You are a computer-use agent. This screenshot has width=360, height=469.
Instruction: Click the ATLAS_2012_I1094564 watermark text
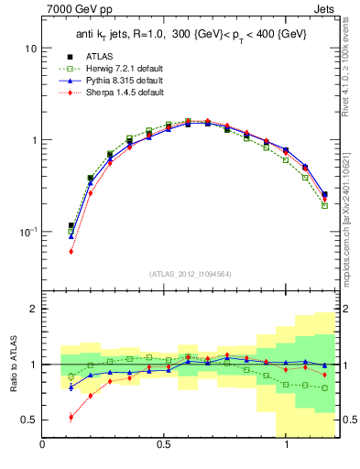click(191, 274)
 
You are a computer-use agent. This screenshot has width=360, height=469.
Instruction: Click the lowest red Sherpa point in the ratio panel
click(71, 417)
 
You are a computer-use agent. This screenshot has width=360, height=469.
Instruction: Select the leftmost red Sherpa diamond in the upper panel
click(71, 251)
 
